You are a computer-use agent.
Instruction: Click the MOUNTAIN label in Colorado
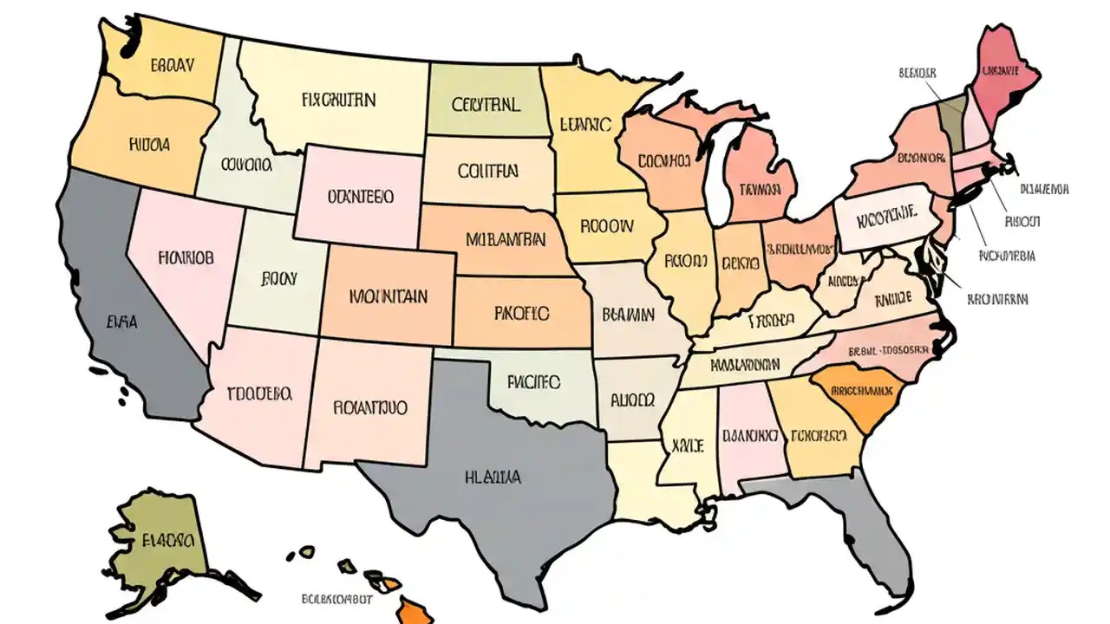(388, 296)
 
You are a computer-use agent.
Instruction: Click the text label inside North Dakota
(486, 105)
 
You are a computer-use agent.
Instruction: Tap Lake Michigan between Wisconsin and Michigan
(718, 173)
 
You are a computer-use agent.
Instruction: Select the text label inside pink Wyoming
(360, 197)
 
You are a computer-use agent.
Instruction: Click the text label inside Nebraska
(506, 237)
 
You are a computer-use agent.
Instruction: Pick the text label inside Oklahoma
(533, 380)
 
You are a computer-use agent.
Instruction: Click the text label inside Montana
(338, 100)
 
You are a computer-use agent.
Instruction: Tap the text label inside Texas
(493, 477)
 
